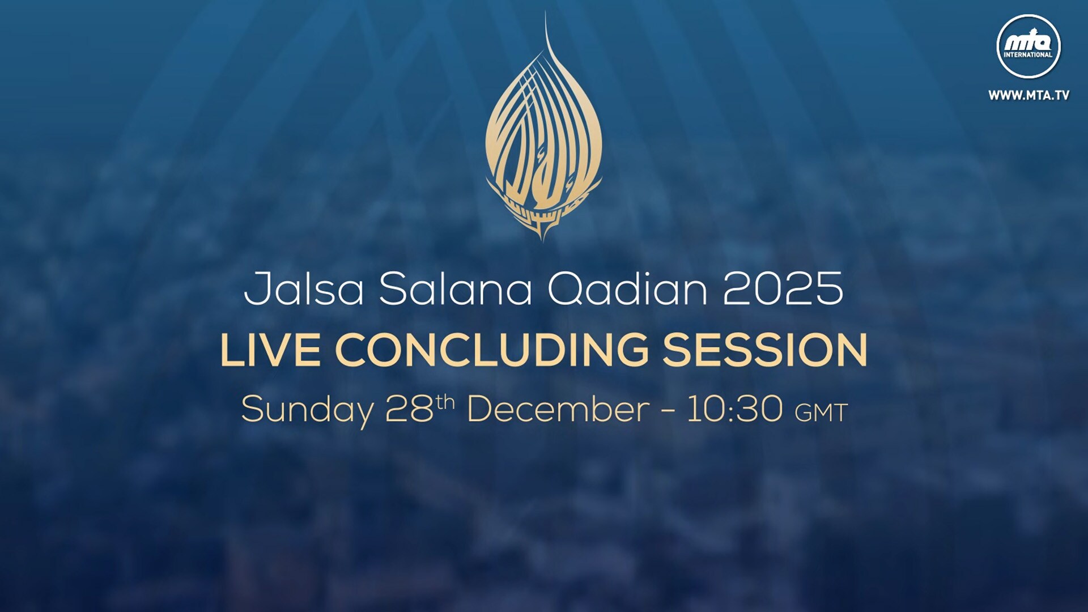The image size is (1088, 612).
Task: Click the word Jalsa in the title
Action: (304, 289)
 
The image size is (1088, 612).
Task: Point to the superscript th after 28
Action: (445, 402)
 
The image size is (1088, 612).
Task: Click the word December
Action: (558, 409)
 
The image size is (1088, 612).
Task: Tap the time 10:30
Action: (735, 409)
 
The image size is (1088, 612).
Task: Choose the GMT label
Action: (821, 413)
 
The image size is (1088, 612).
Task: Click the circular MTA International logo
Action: (1028, 46)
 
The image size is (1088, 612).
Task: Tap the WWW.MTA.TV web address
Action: (1029, 95)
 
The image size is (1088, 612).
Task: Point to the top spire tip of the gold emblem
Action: (546, 11)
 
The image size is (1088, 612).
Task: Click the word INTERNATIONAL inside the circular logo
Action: (1028, 55)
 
